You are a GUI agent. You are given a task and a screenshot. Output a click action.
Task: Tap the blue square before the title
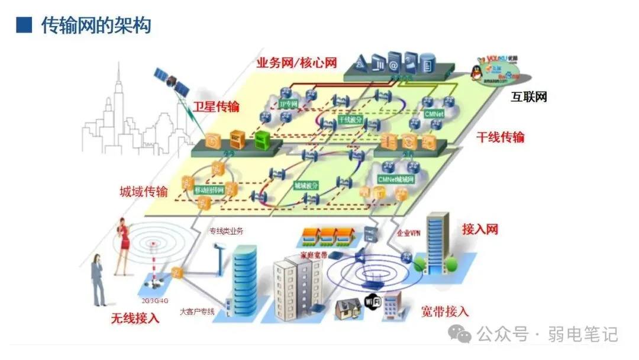click(24, 25)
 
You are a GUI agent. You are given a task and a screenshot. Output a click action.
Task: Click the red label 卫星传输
click(216, 107)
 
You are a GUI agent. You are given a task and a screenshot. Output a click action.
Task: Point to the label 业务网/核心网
click(296, 62)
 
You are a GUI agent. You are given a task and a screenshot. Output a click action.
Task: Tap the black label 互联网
click(529, 97)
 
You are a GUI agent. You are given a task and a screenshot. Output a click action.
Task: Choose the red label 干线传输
click(501, 137)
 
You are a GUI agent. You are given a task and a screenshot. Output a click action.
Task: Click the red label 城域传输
click(144, 191)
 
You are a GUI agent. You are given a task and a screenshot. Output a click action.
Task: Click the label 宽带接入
click(445, 311)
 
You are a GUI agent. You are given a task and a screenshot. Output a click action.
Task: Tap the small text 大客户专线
click(197, 311)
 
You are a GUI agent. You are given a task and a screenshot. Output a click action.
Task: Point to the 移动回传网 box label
click(209, 190)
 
